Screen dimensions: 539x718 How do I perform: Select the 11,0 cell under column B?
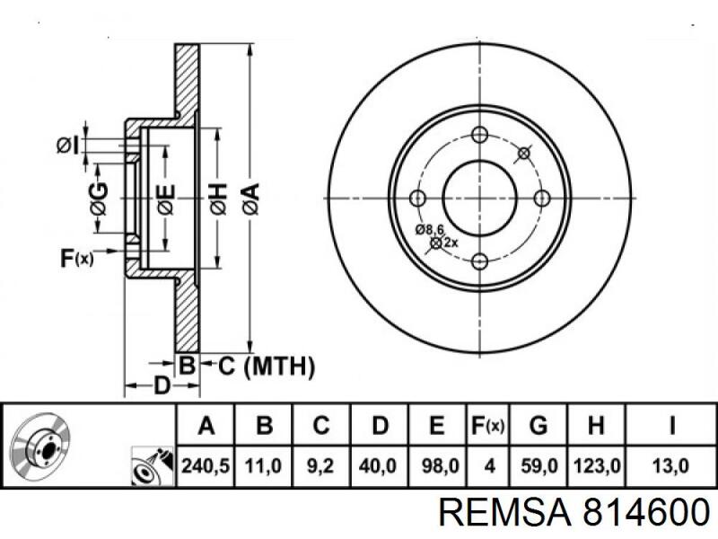pos(262,466)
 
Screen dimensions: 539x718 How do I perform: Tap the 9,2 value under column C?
pos(320,466)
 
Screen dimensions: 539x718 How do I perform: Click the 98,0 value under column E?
pos(437,466)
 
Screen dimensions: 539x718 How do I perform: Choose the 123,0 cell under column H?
pos(595,466)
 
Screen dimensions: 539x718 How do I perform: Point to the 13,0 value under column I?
pos(671,466)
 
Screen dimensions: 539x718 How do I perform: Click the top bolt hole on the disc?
pos(478,136)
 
